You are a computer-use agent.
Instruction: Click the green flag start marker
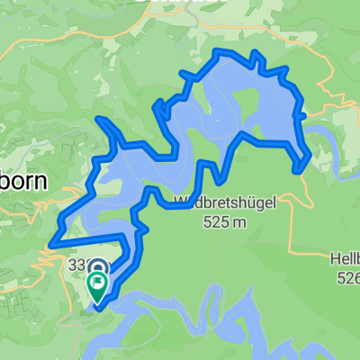pyautogui.click(x=97, y=285)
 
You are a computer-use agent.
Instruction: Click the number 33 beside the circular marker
pyautogui.click(x=76, y=264)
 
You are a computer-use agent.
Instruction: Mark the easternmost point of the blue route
pyautogui.click(x=310, y=156)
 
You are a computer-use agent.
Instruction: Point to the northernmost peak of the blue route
pyautogui.click(x=218, y=53)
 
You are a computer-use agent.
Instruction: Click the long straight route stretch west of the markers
pyautogui.click(x=85, y=238)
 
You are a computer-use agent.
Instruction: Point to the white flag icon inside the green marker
pyautogui.click(x=97, y=282)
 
